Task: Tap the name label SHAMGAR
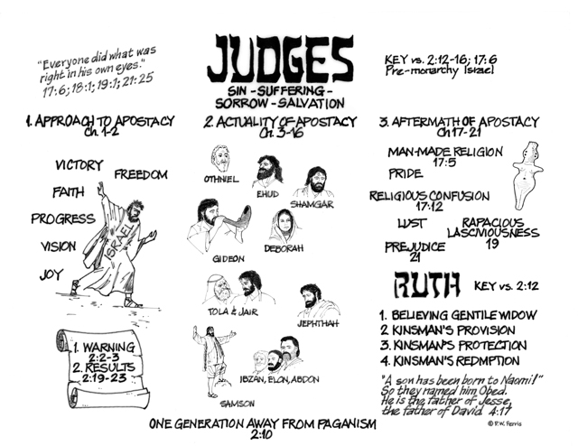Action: pyautogui.click(x=312, y=204)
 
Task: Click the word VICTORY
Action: pyautogui.click(x=79, y=165)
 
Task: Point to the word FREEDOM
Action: pyautogui.click(x=141, y=174)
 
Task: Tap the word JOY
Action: pyautogui.click(x=51, y=274)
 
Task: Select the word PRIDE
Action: pyautogui.click(x=406, y=173)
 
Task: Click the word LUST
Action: pyautogui.click(x=412, y=223)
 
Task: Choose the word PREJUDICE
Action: pyautogui.click(x=415, y=246)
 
